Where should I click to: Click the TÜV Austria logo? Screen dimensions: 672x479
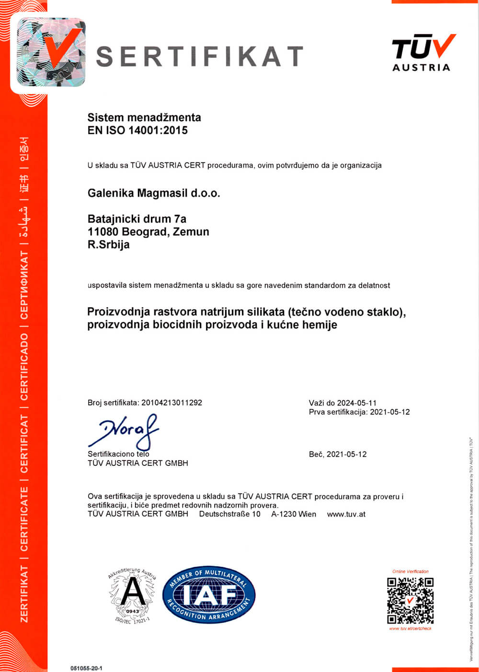click(422, 53)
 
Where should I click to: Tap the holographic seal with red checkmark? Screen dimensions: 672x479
click(51, 52)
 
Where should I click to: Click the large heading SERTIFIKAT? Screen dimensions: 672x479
click(200, 56)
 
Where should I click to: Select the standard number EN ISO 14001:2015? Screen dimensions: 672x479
click(137, 130)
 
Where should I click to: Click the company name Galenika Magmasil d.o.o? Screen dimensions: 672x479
click(154, 193)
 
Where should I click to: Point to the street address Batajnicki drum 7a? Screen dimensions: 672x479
click(137, 219)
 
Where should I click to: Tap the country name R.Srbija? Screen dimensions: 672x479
click(109, 244)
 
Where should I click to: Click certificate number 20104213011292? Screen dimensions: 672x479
click(171, 403)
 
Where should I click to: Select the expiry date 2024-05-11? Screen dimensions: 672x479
click(357, 403)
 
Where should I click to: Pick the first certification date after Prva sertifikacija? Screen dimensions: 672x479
click(390, 412)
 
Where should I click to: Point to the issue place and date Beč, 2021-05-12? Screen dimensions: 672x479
click(338, 454)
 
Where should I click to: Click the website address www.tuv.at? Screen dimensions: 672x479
click(346, 514)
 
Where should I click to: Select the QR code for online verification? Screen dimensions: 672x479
click(410, 600)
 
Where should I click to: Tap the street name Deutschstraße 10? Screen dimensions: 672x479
click(229, 514)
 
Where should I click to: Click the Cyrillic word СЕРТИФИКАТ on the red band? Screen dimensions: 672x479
click(24, 285)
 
